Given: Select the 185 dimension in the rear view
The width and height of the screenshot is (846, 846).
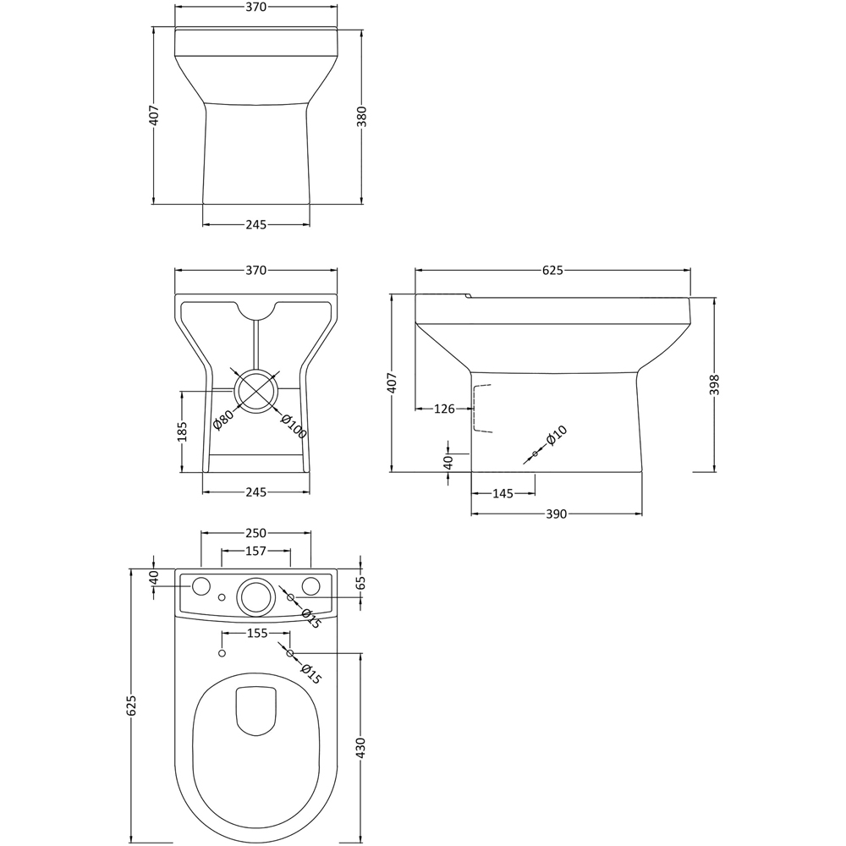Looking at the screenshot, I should [182, 432].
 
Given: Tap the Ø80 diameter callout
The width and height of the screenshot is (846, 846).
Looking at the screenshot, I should [223, 419].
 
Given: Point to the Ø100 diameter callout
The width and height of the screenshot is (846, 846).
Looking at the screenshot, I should [293, 426].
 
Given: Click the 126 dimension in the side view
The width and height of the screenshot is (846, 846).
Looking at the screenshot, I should [443, 409].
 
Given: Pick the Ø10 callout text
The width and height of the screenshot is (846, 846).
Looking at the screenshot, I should [556, 435].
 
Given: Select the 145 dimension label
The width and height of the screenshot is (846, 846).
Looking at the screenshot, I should [503, 493].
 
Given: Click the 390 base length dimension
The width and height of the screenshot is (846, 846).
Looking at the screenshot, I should [556, 514].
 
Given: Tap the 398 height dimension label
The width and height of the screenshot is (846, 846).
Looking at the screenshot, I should [716, 386].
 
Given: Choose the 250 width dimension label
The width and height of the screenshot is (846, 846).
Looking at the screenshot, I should [255, 533].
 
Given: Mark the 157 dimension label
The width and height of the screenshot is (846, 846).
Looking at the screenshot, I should [255, 551].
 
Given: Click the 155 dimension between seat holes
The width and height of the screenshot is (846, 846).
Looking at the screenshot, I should [256, 633].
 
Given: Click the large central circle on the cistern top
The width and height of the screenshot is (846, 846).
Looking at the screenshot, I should [255, 596].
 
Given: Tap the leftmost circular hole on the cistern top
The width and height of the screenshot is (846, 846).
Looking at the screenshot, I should [201, 586].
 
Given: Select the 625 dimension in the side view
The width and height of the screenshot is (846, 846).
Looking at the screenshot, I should [552, 270].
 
